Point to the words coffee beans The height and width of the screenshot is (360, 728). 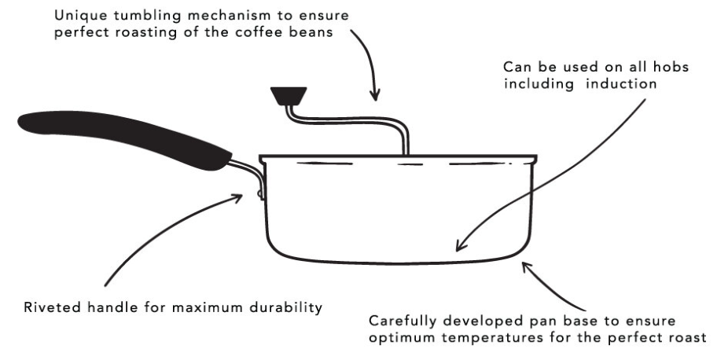click(303, 33)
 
